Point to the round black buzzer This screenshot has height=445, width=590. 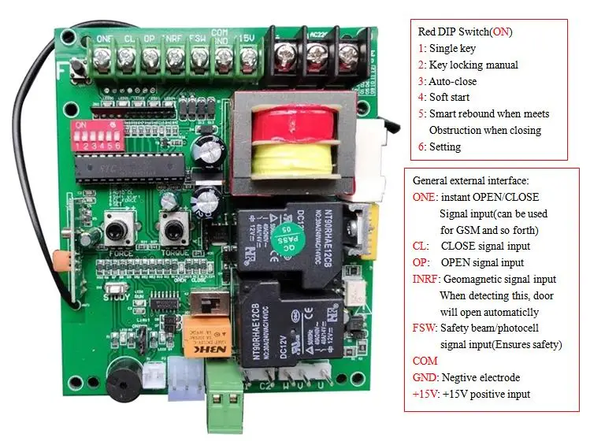(x=122, y=386)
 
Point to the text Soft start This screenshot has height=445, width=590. (x=451, y=98)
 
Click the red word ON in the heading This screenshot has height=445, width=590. (x=499, y=32)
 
